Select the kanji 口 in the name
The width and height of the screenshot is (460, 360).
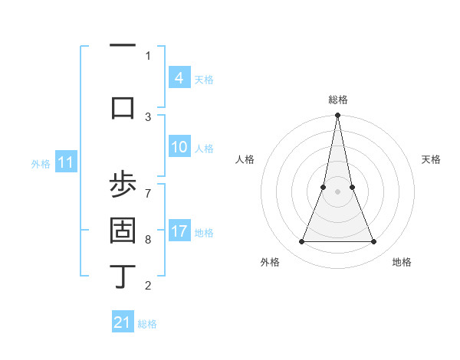(x=123, y=106)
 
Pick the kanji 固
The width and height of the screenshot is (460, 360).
(x=123, y=231)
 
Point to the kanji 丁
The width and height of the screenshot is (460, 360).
(x=123, y=276)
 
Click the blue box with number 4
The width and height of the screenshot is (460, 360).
(x=179, y=77)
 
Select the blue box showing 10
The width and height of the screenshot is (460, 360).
(x=179, y=147)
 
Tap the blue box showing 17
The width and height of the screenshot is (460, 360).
(x=179, y=231)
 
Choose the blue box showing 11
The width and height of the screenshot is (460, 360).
(x=67, y=162)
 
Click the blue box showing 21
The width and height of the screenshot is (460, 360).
(x=123, y=322)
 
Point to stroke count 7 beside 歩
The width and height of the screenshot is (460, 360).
(x=148, y=186)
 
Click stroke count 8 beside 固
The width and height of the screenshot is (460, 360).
(x=148, y=239)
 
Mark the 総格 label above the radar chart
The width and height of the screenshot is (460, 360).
(x=337, y=100)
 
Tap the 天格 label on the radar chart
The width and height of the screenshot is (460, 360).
(x=431, y=159)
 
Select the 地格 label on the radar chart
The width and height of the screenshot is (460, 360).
(x=402, y=262)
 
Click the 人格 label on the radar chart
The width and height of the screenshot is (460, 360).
(x=245, y=159)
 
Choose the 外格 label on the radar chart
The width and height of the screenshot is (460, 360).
(x=270, y=262)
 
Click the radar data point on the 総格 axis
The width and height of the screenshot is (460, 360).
(x=337, y=116)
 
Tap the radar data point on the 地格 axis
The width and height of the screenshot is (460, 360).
(x=374, y=242)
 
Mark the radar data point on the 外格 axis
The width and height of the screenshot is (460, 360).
(x=301, y=242)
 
